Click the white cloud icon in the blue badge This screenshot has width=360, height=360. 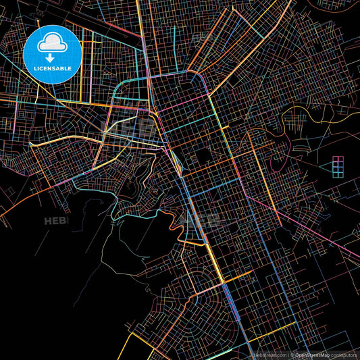(x=51, y=43)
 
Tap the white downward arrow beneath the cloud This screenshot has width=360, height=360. (x=51, y=58)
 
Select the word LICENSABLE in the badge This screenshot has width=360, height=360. (x=51, y=68)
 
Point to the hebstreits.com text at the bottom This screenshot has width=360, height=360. (x=268, y=354)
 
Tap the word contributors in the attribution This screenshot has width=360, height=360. (x=343, y=354)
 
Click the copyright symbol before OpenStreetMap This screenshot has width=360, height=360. (x=291, y=354)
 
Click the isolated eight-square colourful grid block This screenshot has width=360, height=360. (x=338, y=165)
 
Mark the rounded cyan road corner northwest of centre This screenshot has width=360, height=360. (x=122, y=84)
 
